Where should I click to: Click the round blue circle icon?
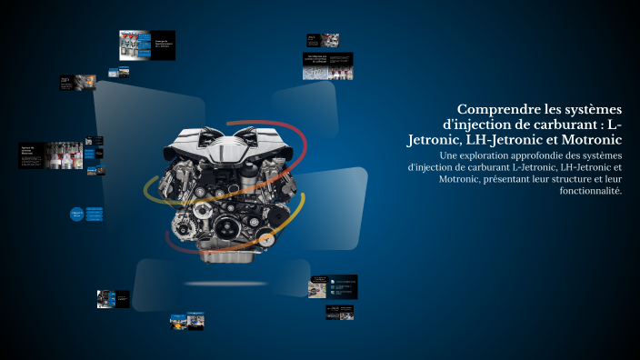pyautogui.click(x=76, y=215)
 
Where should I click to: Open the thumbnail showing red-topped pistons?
pyautogui.click(x=135, y=44)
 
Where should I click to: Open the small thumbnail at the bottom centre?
pyautogui.click(x=186, y=321)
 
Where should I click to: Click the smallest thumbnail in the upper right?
pyautogui.click(x=323, y=40)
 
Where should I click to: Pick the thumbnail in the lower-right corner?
pyautogui.click(x=339, y=312)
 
